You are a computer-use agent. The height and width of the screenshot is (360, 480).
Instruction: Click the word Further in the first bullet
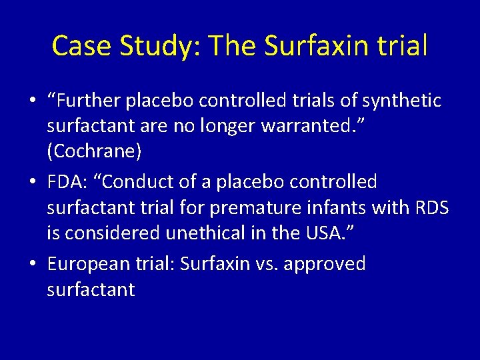(x=87, y=101)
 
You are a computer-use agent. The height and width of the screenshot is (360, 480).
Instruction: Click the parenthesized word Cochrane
(x=94, y=152)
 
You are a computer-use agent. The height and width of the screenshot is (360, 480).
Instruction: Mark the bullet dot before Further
(x=33, y=101)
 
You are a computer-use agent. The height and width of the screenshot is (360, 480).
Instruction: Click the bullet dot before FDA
(x=33, y=182)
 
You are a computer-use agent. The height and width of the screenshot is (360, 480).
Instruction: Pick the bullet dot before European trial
(x=33, y=264)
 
